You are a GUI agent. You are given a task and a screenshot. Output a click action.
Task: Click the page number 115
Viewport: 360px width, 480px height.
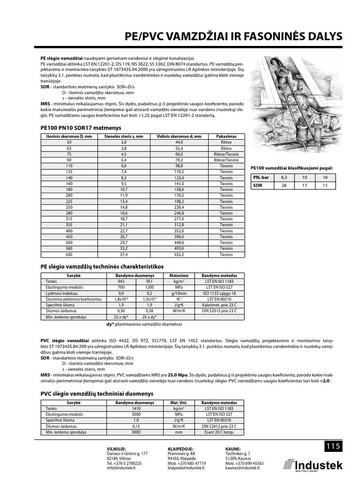click(x=333, y=447)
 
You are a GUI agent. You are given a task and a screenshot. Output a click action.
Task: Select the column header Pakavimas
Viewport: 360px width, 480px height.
click(x=226, y=136)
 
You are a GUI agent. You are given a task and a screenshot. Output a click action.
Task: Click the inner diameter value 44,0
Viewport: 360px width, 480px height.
click(x=179, y=142)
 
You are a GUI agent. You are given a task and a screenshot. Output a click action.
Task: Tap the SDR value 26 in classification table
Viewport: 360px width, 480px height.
click(x=283, y=186)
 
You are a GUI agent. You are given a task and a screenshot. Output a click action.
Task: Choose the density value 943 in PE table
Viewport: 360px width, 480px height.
click(x=121, y=281)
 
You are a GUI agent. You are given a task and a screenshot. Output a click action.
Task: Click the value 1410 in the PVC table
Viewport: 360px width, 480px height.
click(x=135, y=408)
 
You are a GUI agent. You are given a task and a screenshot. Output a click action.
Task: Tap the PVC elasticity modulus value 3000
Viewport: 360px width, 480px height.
click(x=135, y=414)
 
